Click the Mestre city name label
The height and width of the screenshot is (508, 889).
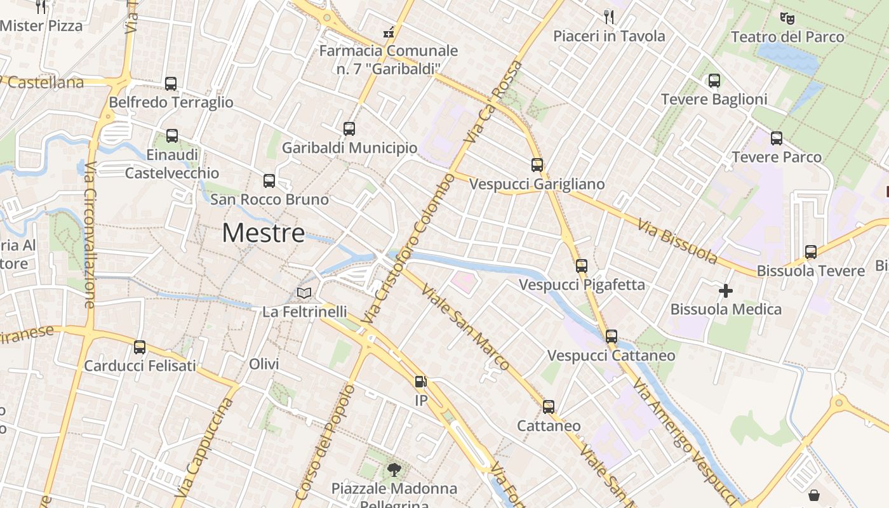264,233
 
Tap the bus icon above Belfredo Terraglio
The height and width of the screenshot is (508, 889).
171,83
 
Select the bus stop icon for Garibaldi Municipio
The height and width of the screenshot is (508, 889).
349,129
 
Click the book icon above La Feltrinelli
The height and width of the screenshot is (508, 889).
305,293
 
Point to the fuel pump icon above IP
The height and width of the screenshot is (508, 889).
420,382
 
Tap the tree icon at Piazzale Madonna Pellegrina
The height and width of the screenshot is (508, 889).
394,470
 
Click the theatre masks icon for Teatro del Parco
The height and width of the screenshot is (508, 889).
787,18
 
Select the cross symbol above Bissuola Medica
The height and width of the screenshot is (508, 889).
726,291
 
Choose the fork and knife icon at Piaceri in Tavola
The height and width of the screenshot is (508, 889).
609,17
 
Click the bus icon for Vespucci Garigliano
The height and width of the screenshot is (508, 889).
537,165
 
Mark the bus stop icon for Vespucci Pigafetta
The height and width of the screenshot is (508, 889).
582,265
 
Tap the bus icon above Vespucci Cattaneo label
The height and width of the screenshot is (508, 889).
612,336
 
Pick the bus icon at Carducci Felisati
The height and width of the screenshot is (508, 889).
140,347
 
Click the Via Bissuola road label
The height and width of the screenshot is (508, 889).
678,242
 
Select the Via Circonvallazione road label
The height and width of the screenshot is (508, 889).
89,235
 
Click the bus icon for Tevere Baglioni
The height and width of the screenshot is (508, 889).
714,81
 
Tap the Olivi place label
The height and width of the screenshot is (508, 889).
264,364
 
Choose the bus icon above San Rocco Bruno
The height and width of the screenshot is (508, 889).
269,181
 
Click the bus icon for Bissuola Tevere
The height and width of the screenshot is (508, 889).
811,252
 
